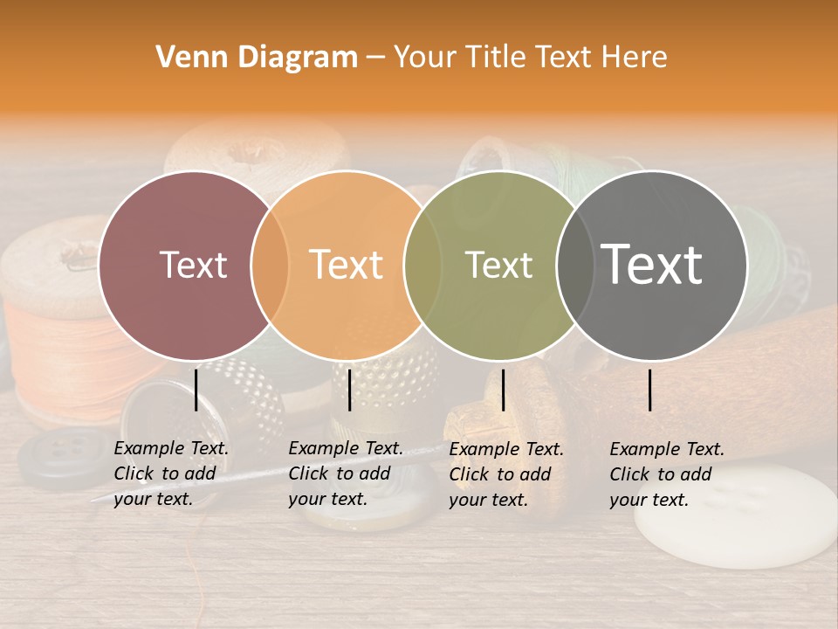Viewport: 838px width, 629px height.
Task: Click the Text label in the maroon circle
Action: (193, 265)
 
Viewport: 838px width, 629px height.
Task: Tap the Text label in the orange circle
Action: (347, 265)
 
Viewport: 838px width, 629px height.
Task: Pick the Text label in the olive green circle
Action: (498, 265)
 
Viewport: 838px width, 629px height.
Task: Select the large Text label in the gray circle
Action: (652, 264)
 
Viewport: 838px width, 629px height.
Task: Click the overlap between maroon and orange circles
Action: (270, 265)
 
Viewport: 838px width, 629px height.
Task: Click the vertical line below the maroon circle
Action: (196, 390)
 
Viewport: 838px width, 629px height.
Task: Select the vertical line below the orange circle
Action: (349, 390)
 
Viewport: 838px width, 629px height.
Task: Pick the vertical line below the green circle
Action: (503, 390)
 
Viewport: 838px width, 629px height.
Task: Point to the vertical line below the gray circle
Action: (650, 390)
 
